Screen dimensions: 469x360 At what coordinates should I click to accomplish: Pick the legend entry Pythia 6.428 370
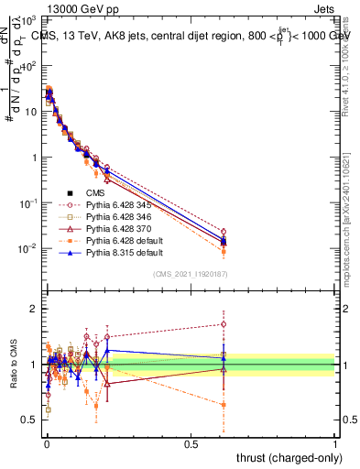tap(116, 234)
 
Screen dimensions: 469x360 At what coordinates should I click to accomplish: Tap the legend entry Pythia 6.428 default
tap(120, 247)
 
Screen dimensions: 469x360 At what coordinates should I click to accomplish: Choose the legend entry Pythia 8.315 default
tap(120, 261)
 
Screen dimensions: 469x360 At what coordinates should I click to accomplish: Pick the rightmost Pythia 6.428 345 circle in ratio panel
tap(224, 323)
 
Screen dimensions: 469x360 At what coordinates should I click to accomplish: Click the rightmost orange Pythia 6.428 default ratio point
tap(224, 404)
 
